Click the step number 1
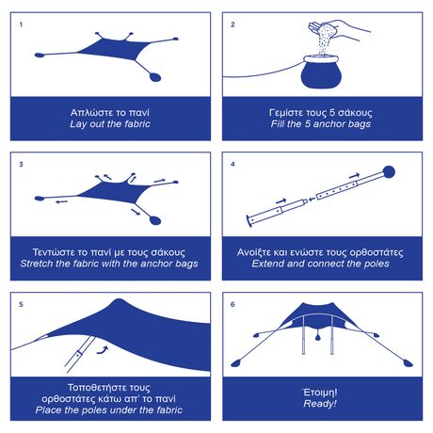point(21,24)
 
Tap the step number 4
point(233,164)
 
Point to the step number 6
point(233,304)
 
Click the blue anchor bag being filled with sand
point(321,72)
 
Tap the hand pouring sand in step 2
point(339,29)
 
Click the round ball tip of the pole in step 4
point(389,171)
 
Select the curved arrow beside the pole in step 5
point(103,350)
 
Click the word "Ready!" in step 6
point(320,404)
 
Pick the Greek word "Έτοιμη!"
point(320,393)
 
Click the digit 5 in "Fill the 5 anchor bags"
point(308,123)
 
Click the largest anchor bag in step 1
point(155,77)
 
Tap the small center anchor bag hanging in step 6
point(318,337)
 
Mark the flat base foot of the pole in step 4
point(249,220)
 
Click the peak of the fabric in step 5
point(118,300)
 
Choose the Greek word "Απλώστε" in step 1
point(86,113)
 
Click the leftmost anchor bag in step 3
point(40,199)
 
